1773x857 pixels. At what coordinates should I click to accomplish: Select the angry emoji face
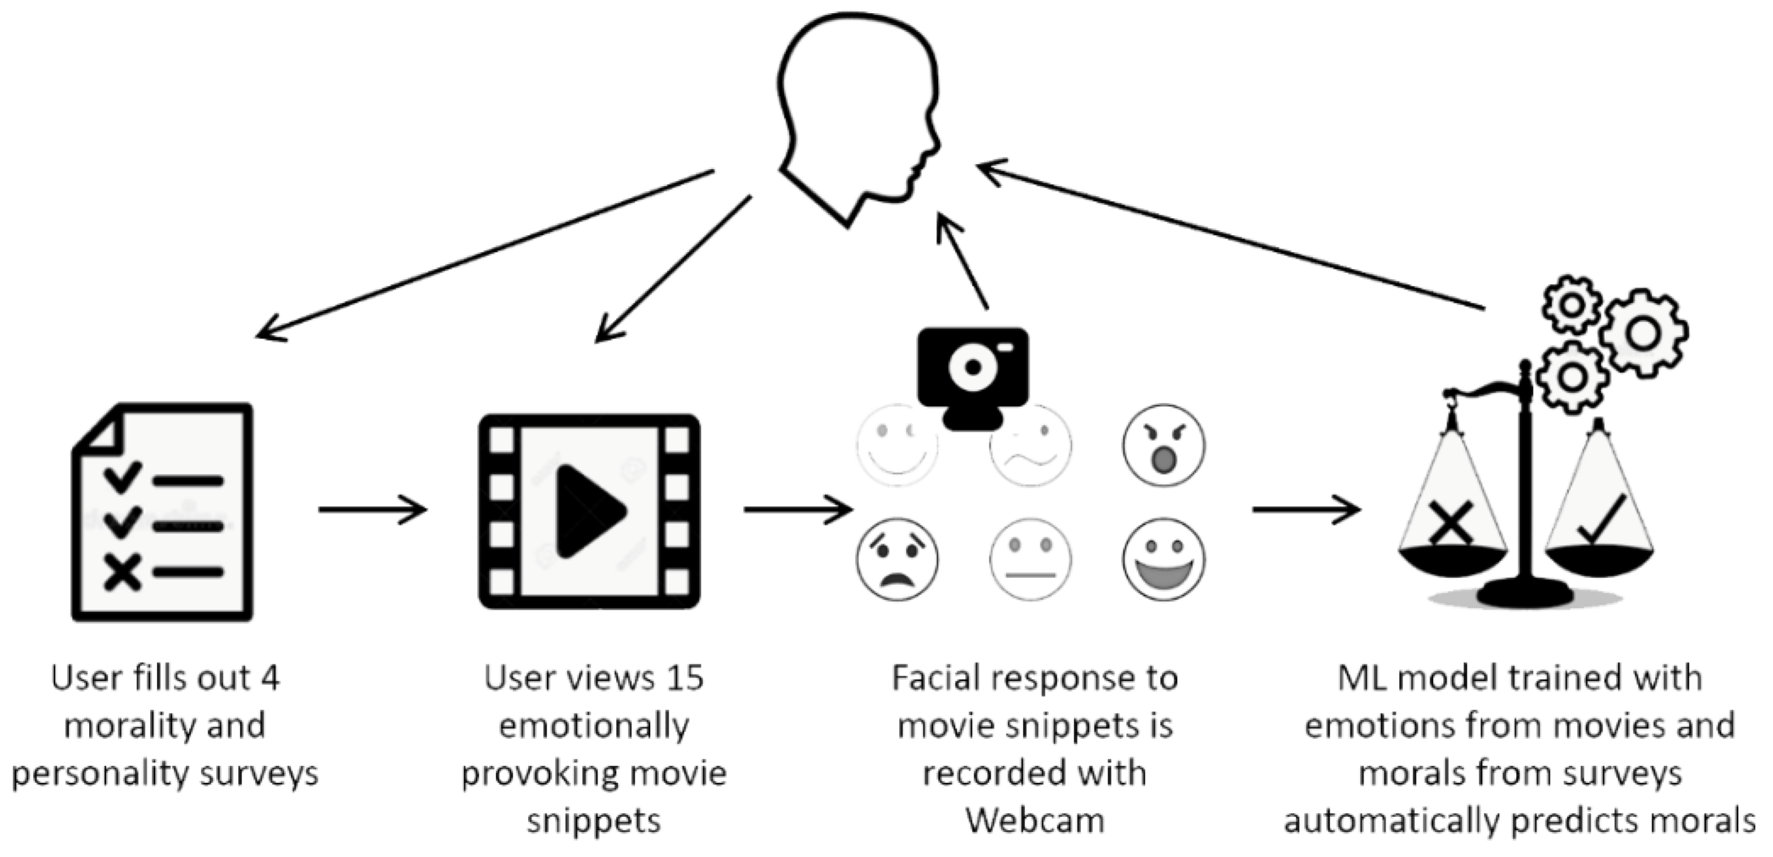pyautogui.click(x=1163, y=445)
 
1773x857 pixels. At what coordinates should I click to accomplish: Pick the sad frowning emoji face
pyautogui.click(x=897, y=559)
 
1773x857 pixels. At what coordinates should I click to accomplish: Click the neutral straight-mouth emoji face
pyautogui.click(x=1030, y=559)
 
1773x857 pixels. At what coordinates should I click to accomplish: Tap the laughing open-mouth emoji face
pyautogui.click(x=1163, y=559)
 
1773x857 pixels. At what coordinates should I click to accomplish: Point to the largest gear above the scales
pyautogui.click(x=1643, y=333)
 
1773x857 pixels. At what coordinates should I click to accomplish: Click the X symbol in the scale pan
pyautogui.click(x=1450, y=522)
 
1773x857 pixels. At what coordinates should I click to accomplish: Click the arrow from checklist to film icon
pyautogui.click(x=372, y=510)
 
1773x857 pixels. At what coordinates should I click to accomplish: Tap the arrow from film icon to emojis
pyautogui.click(x=798, y=510)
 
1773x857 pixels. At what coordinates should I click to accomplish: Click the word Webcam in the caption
pyautogui.click(x=1035, y=820)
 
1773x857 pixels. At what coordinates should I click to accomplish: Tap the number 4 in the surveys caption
pyautogui.click(x=270, y=678)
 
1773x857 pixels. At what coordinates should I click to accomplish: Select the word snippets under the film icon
pyautogui.click(x=593, y=820)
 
